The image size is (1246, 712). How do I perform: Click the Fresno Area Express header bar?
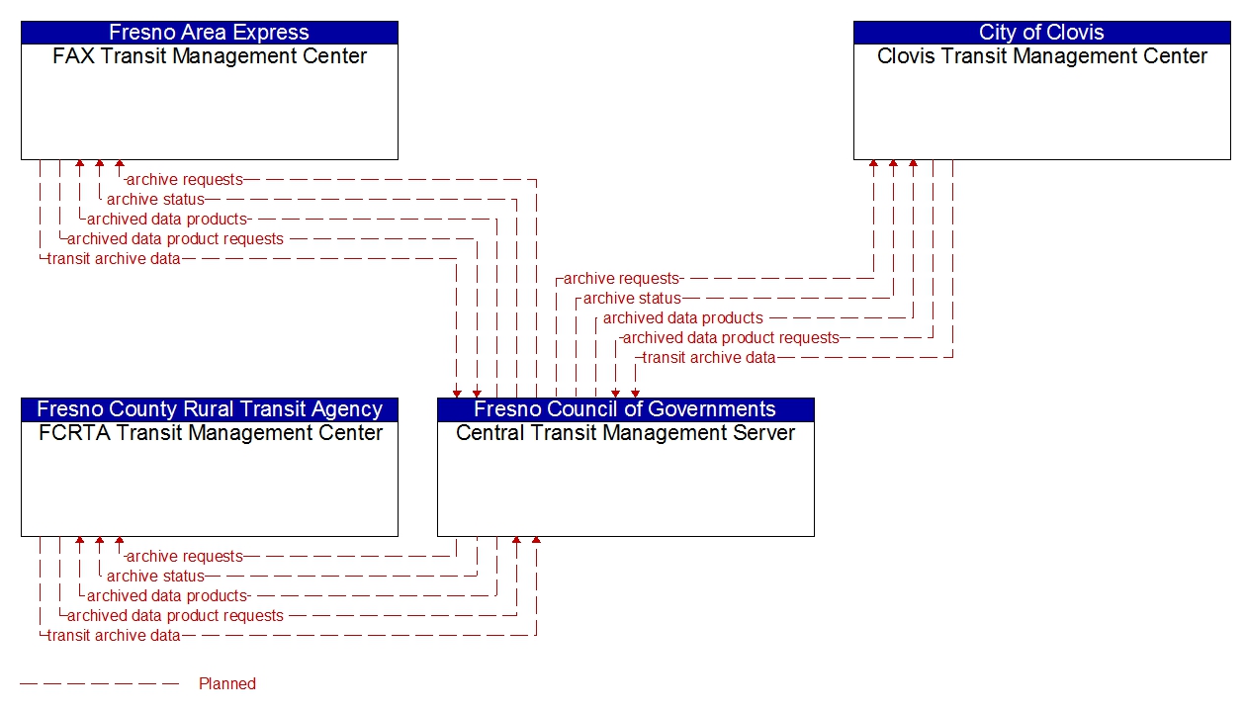[x=209, y=33]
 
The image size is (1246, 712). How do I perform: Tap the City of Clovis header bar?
[x=1041, y=33]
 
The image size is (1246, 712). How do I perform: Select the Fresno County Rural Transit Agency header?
[x=209, y=409]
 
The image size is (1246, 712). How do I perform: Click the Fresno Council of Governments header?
[x=625, y=409]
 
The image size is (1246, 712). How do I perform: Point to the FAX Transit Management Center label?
[x=209, y=56]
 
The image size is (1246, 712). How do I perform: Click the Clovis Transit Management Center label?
[x=1041, y=56]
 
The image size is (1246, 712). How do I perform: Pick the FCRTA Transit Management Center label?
[x=209, y=433]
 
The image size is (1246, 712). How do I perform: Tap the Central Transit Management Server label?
[x=625, y=433]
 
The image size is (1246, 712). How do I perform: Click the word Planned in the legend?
[x=226, y=683]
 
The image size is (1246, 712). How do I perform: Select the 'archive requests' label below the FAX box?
[x=184, y=180]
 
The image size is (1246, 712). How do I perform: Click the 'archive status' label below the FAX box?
[x=155, y=200]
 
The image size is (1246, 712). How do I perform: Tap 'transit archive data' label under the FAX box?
[x=114, y=259]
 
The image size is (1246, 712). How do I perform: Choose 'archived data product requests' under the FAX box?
[x=175, y=239]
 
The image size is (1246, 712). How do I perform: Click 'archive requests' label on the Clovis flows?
[x=621, y=279]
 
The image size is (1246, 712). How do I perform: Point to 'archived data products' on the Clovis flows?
[x=682, y=318]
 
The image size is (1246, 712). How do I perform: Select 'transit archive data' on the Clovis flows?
[x=709, y=358]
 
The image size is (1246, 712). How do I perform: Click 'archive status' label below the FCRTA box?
[x=155, y=577]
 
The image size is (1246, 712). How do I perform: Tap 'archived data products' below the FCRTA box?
[x=166, y=596]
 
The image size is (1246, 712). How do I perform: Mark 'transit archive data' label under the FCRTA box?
[x=114, y=636]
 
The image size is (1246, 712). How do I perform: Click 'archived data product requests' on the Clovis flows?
[x=731, y=338]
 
